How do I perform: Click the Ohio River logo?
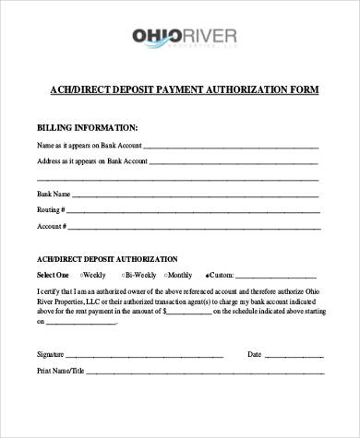[x=185, y=38]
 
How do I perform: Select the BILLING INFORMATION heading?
[x=87, y=127]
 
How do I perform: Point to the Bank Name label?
[x=54, y=195]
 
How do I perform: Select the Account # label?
[x=50, y=226]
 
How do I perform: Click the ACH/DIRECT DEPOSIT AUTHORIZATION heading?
[x=107, y=259]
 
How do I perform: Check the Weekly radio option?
[x=82, y=275]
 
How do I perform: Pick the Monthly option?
[x=166, y=275]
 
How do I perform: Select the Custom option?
[x=207, y=275]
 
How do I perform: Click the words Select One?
[x=53, y=275]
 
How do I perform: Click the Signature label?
[x=50, y=354]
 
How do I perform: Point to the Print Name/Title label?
[x=60, y=371]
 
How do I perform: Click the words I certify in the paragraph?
[x=49, y=290]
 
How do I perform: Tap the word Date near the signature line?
[x=255, y=354]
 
